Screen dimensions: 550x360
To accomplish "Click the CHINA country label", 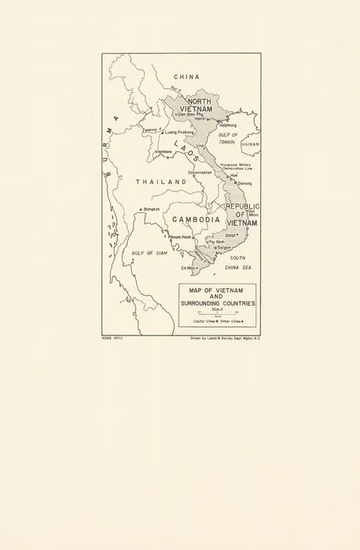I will pyautogui.click(x=186, y=77).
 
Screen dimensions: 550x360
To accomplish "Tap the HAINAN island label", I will pyautogui.click(x=250, y=145).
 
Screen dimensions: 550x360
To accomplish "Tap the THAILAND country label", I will pyautogui.click(x=161, y=181).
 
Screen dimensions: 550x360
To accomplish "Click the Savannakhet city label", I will pyautogui.click(x=202, y=172).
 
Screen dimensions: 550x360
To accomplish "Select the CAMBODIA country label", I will pyautogui.click(x=196, y=219).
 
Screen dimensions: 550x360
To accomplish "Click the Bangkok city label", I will pyautogui.click(x=151, y=208).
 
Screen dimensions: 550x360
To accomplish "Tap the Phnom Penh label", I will pyautogui.click(x=180, y=236).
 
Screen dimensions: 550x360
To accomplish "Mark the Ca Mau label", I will pyautogui.click(x=187, y=269).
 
